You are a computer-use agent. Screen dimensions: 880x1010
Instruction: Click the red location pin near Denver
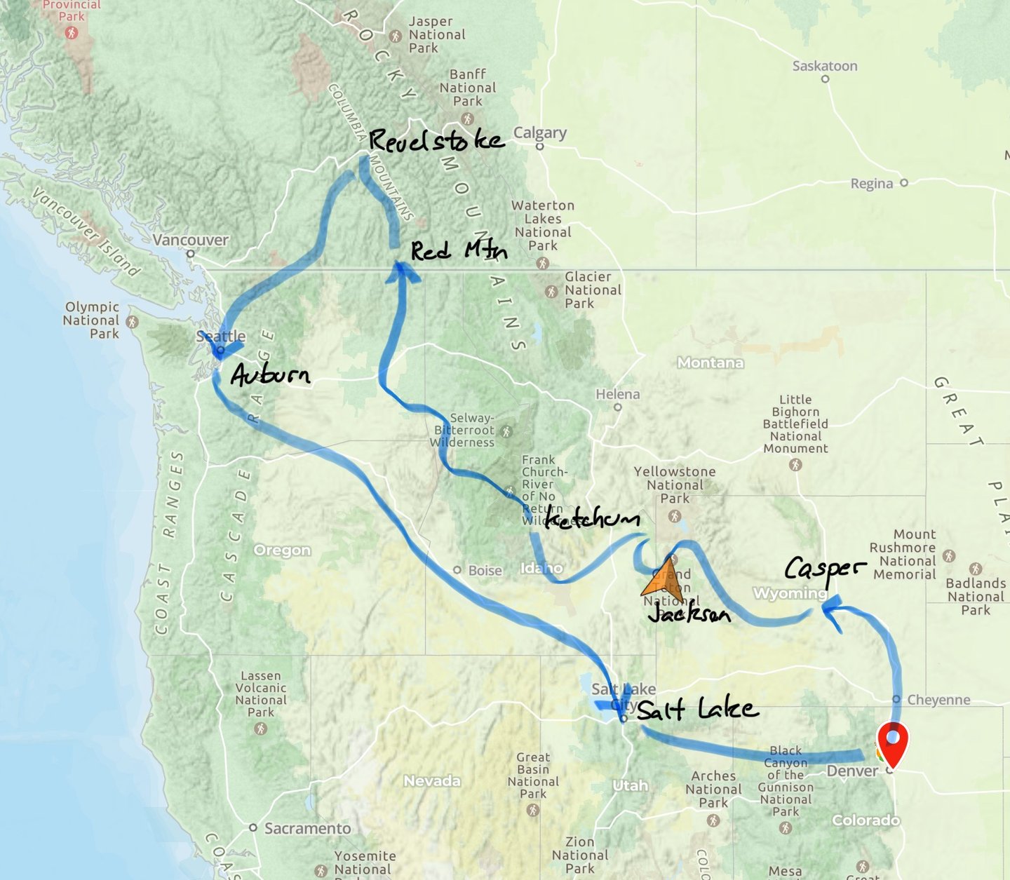(892, 743)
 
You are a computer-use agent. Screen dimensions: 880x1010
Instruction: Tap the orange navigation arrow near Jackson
(663, 581)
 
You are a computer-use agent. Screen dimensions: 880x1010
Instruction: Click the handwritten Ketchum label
(593, 519)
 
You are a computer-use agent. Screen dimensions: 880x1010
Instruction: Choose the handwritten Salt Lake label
(697, 710)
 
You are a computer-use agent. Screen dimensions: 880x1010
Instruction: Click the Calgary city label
(539, 133)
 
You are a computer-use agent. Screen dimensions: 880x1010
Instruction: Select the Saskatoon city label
(825, 66)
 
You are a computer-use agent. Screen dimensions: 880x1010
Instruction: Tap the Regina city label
(872, 184)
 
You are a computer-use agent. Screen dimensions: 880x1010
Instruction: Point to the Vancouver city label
(191, 240)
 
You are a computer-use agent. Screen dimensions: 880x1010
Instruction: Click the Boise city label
(485, 570)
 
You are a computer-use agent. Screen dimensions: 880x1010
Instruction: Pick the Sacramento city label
(307, 828)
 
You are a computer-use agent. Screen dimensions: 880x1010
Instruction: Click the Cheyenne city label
(938, 700)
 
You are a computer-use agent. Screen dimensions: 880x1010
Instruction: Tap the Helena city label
(617, 394)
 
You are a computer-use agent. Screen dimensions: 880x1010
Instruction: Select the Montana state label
(711, 363)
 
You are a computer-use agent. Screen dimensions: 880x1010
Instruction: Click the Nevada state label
(432, 780)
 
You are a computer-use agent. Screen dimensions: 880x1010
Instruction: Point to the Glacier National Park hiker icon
(552, 291)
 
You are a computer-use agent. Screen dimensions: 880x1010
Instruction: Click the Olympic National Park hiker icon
(133, 322)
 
